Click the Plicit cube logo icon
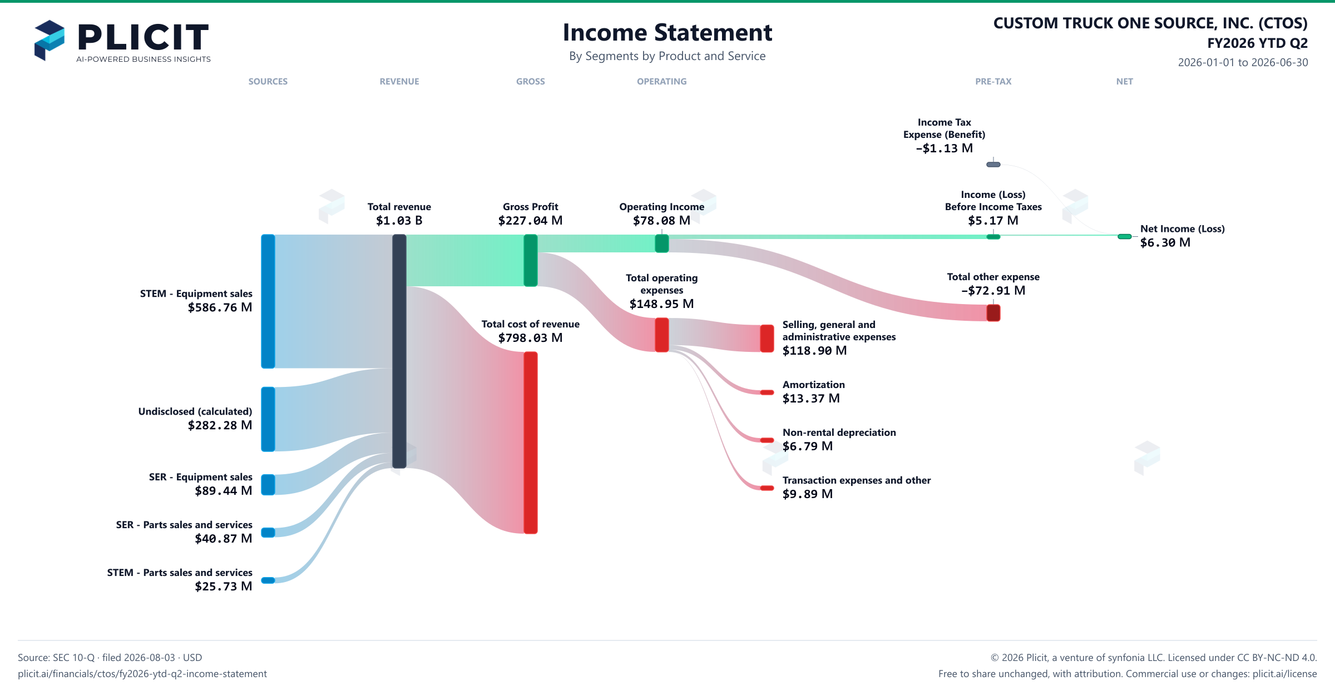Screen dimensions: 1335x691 tap(50, 40)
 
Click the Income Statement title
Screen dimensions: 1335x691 tap(667, 32)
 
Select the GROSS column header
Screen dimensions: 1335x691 tap(531, 82)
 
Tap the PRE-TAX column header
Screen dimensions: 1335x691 tap(993, 82)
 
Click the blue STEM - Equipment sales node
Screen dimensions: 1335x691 tap(268, 301)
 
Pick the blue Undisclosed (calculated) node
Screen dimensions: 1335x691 tap(268, 419)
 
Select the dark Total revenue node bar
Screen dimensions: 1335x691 tap(399, 351)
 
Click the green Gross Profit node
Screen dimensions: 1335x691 tap(531, 260)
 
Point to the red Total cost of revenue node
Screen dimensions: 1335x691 tap(531, 443)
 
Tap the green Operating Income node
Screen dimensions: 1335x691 tap(662, 243)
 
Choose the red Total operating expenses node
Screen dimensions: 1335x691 tap(662, 335)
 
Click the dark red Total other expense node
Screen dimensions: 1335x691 tap(993, 313)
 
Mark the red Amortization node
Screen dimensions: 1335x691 tap(767, 392)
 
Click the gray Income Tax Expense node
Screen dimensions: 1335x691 tap(993, 165)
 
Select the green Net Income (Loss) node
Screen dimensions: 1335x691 tap(1125, 237)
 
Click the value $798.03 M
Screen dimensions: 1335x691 tap(531, 338)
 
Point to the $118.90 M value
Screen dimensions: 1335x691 tap(814, 351)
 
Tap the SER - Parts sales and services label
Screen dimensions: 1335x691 tap(184, 525)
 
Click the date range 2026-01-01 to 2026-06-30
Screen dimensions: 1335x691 tap(1243, 62)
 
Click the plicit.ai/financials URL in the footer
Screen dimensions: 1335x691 tap(142, 674)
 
